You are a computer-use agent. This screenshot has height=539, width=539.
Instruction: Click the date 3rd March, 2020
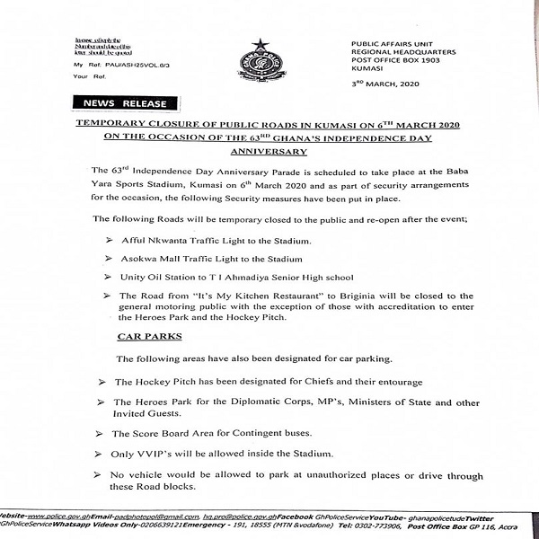pyautogui.click(x=385, y=82)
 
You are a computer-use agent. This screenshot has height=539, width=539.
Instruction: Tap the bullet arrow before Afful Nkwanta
pyautogui.click(x=110, y=243)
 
